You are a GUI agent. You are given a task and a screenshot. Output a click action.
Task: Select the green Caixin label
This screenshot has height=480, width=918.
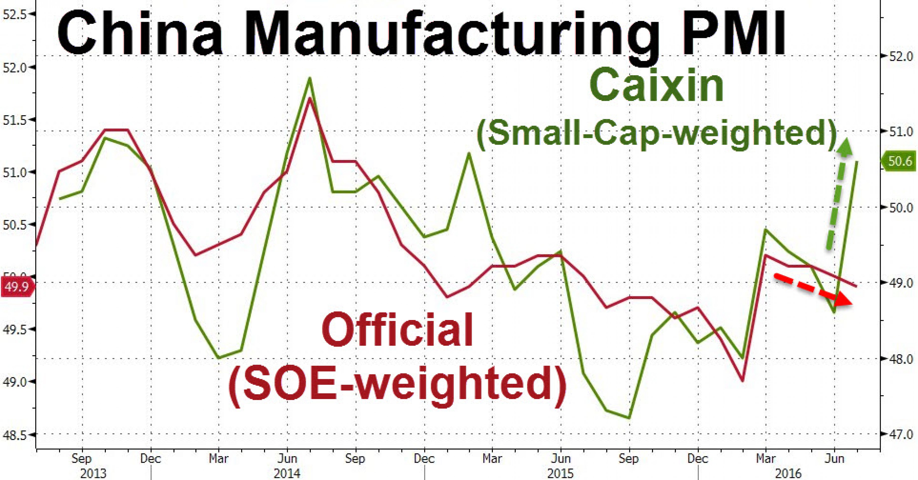click(657, 85)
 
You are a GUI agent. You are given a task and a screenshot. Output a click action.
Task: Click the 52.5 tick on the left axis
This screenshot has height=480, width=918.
click(14, 14)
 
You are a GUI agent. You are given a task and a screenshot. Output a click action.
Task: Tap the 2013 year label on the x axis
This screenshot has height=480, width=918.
click(93, 473)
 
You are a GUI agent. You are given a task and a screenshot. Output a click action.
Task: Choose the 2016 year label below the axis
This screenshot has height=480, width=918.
click(788, 473)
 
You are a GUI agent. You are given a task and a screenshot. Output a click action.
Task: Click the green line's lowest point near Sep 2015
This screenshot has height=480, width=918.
click(629, 418)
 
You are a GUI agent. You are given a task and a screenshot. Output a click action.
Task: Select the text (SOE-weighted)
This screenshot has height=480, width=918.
click(397, 385)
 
